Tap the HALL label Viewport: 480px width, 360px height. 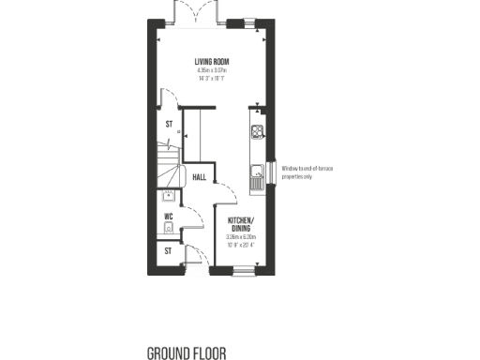200,176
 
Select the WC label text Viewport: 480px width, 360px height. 170,217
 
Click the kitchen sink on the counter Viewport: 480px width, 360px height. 256,171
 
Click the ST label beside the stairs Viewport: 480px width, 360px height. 170,124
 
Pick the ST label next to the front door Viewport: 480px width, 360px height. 169,251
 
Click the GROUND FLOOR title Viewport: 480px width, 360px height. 185,353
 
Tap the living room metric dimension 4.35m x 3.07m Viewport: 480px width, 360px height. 215,70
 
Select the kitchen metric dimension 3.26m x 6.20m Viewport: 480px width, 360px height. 241,238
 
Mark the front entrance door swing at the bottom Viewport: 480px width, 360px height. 197,255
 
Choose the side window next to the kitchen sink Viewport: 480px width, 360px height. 273,172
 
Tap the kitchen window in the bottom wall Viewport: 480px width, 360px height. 243,271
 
